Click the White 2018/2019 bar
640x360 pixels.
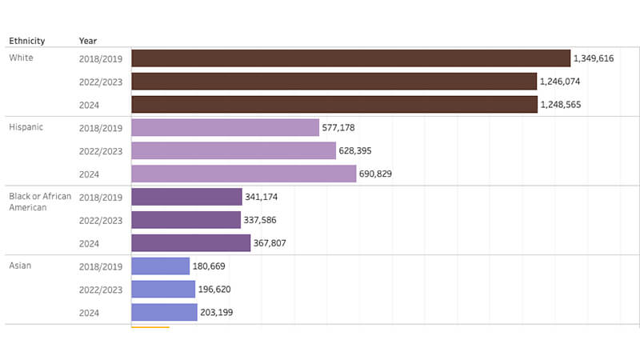pyautogui.click(x=350, y=58)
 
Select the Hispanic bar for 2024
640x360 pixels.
pyautogui.click(x=243, y=174)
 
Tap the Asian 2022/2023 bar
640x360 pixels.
pyautogui.click(x=163, y=289)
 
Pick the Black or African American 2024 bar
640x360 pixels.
pyautogui.click(x=190, y=243)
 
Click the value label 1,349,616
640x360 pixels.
pyautogui.click(x=594, y=58)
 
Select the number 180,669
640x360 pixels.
pyautogui.click(x=211, y=266)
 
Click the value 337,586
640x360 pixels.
pyautogui.click(x=263, y=220)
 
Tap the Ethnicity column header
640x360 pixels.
pyautogui.click(x=27, y=41)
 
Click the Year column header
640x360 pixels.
pyautogui.click(x=88, y=41)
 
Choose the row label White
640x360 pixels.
pyautogui.click(x=21, y=58)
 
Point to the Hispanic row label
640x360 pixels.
pyautogui.click(x=26, y=127)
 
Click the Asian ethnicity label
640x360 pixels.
pyautogui.click(x=20, y=266)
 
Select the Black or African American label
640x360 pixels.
pyautogui.click(x=40, y=202)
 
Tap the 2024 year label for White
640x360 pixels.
pyautogui.click(x=89, y=104)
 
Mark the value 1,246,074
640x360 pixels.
pyautogui.click(x=560, y=82)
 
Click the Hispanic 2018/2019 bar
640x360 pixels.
pyautogui.click(x=225, y=127)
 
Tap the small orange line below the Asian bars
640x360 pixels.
pyautogui.click(x=150, y=327)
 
